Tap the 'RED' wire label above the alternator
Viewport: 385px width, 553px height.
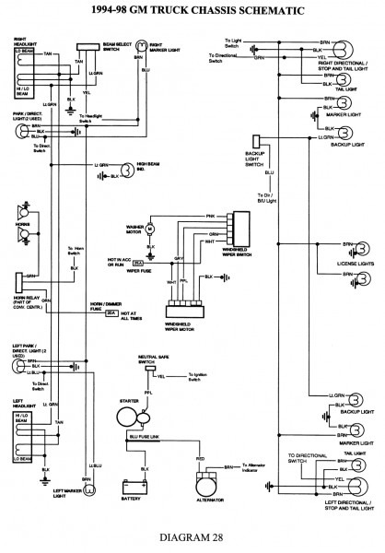point(199,455)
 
